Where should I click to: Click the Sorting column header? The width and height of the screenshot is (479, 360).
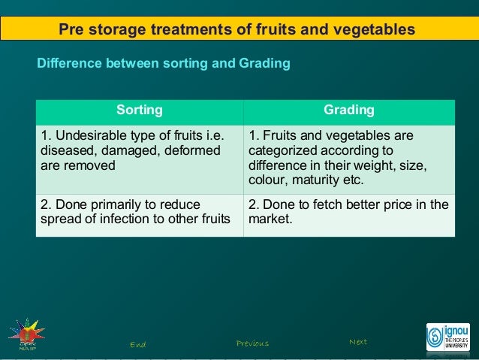[139, 110]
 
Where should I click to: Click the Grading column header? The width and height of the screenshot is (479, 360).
[348, 110]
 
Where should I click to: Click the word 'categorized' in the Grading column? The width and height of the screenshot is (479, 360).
[285, 151]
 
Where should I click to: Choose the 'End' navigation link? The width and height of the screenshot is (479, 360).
[137, 344]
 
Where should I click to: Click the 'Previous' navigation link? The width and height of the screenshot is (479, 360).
[252, 343]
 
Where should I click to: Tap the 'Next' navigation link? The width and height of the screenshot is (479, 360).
[358, 342]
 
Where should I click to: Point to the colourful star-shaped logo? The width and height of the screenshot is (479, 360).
[26, 334]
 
